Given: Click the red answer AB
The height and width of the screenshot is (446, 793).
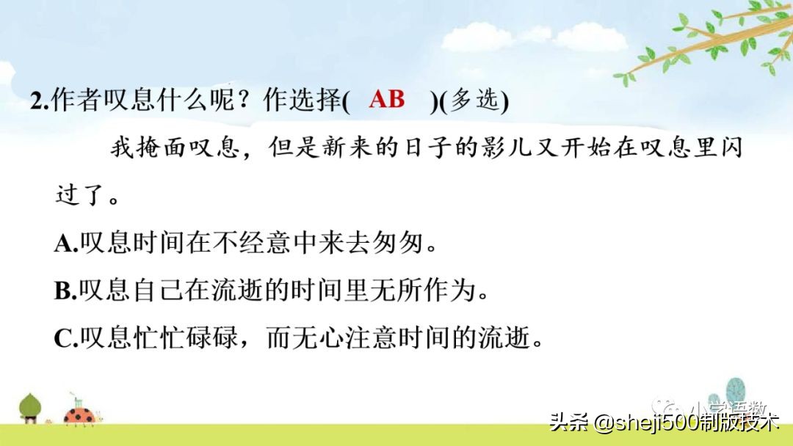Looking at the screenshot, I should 387,100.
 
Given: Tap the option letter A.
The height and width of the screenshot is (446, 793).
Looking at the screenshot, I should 63,244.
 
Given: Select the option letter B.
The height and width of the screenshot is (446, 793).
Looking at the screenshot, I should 63,292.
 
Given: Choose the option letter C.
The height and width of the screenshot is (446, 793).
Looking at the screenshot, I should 63,339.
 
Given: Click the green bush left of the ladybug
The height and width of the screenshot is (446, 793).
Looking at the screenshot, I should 30,406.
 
